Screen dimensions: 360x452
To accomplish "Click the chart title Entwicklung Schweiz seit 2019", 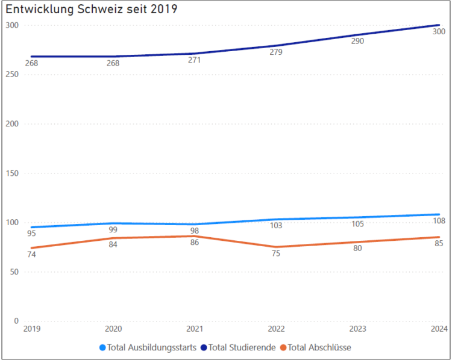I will tap(92, 10).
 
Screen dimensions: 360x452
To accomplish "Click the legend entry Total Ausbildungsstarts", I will tap(151, 347).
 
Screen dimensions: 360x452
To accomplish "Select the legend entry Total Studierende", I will tap(242, 347).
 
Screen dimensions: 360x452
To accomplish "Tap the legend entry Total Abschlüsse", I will tap(319, 347).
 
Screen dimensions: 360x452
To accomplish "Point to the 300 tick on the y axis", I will tap(11, 25).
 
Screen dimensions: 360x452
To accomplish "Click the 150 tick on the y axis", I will tap(11, 173).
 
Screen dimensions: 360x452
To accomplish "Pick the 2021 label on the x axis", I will tap(194, 329).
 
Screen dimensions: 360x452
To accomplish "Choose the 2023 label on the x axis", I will tap(357, 329).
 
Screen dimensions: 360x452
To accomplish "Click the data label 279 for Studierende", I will tap(275, 52).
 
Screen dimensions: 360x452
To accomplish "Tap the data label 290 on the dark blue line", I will tap(357, 42).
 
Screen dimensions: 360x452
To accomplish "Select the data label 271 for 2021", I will tap(194, 60).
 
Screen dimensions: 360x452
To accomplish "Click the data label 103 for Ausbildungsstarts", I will tap(275, 226).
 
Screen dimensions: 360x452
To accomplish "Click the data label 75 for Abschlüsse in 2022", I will tap(275, 253).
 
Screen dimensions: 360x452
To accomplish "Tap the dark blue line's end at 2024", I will tap(438, 25).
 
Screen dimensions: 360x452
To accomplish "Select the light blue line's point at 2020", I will tap(112, 223).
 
